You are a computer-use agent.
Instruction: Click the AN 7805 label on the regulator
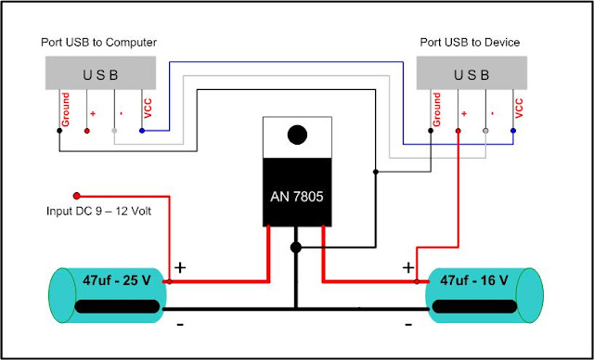[x=297, y=199]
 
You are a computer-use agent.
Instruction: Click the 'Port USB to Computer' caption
[x=99, y=44]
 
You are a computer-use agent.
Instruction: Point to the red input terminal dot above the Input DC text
[x=77, y=196]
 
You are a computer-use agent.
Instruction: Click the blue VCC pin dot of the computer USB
[x=141, y=131]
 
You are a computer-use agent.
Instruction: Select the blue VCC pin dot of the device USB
[x=512, y=131]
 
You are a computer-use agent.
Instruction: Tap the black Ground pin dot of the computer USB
[x=60, y=131]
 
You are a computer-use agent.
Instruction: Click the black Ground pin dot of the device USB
[x=432, y=131]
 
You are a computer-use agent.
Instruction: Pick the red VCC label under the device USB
[x=518, y=106]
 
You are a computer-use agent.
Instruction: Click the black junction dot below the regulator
[x=296, y=248]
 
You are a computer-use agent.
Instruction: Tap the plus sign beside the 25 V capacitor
[x=180, y=266]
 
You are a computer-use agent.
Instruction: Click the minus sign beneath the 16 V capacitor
[x=409, y=325]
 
